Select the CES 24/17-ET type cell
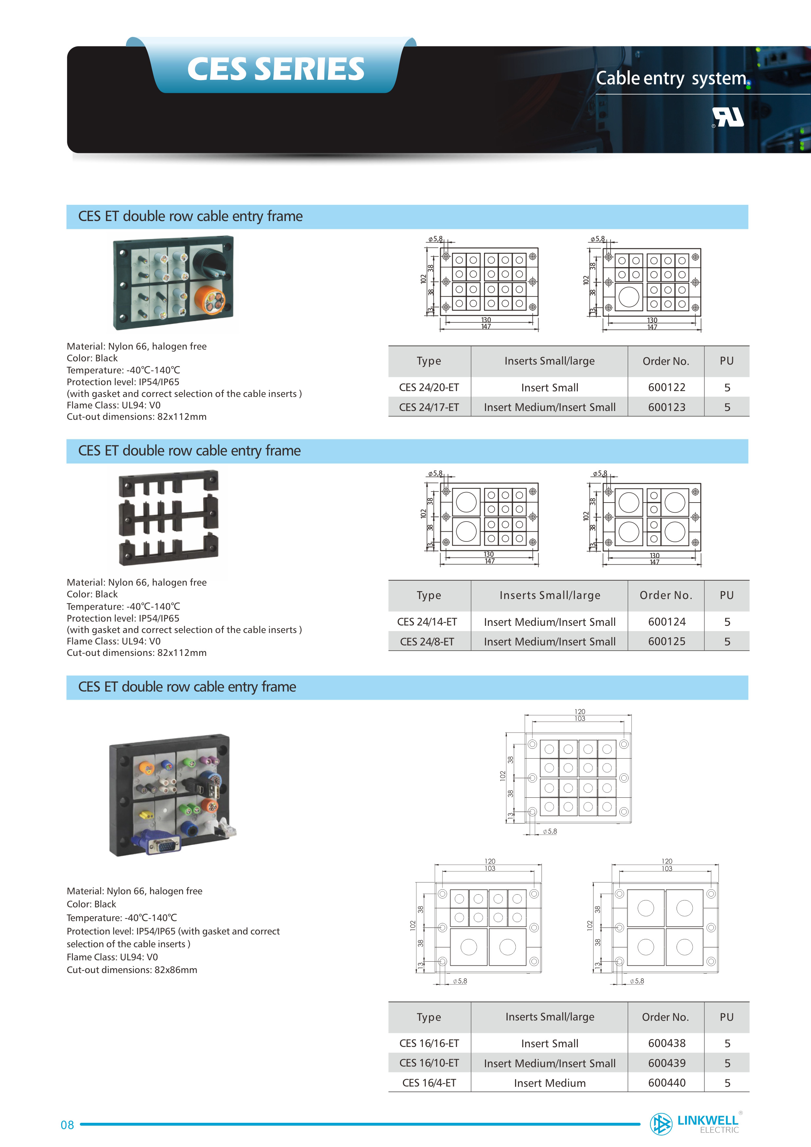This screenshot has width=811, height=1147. coord(429,407)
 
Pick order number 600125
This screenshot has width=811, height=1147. coord(666,642)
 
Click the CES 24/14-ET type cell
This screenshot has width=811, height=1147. coord(427,622)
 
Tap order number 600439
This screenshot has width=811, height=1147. coord(666,1063)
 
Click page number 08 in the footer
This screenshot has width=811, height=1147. coord(67,1125)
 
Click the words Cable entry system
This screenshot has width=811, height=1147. coord(671,78)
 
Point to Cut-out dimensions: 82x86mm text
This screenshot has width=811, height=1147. coord(132,970)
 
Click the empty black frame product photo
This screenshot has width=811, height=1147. coord(168,518)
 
